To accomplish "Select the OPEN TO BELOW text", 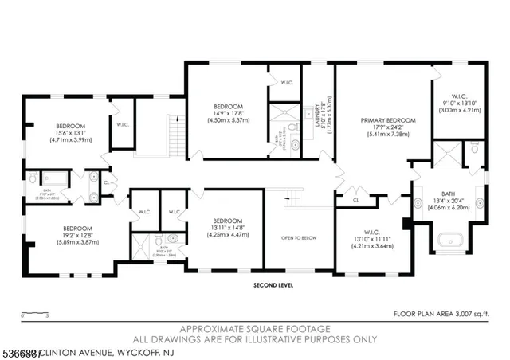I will click(298, 238).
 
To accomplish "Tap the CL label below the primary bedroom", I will click(356, 199).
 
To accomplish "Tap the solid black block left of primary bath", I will click(407, 224).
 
